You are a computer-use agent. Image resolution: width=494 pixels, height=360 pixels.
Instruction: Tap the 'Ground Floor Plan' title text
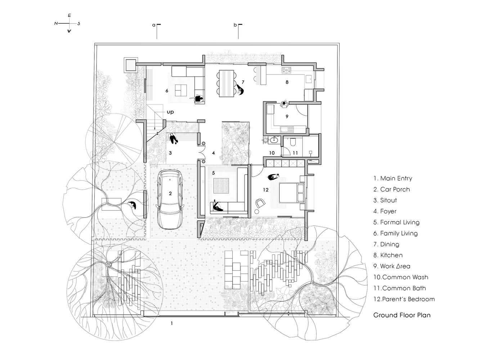[x=402, y=315]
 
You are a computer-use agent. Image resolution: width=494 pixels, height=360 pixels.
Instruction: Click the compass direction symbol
[x=68, y=23]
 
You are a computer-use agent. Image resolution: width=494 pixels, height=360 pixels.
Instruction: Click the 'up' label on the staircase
[x=170, y=112]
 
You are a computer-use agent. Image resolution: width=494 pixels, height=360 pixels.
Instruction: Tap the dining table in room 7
[x=226, y=83]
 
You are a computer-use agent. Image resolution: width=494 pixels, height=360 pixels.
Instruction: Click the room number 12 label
[x=266, y=190]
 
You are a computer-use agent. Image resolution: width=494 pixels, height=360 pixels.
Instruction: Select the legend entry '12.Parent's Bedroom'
[x=404, y=299]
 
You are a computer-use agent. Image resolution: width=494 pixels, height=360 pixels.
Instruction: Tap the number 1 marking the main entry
[x=172, y=323]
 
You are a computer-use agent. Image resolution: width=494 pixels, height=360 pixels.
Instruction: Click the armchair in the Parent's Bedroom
[x=259, y=203]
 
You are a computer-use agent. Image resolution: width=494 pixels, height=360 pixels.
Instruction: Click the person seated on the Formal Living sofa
[x=217, y=206]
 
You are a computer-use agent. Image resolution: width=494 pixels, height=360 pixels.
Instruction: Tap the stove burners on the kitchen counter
[x=286, y=70]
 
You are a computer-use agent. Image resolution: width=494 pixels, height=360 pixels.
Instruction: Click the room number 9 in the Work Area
[x=287, y=116]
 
